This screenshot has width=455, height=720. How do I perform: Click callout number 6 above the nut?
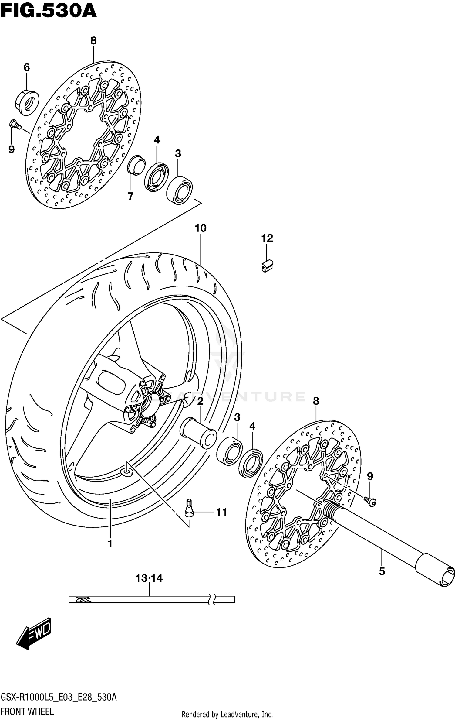pos(27,67)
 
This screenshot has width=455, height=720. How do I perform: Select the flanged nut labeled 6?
pos(27,102)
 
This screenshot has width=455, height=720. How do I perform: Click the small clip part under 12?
pos(267,266)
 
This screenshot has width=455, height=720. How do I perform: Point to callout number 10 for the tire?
pos(201,228)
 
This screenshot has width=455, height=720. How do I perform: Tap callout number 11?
pos(222,512)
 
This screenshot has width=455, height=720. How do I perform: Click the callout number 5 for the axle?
pos(382,571)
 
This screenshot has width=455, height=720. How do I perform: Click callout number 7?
pos(130,197)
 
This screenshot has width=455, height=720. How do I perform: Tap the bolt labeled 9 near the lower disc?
pos(371,502)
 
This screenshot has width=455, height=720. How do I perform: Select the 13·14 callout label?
pos(149,578)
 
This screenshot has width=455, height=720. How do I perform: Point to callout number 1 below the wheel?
pos(110,543)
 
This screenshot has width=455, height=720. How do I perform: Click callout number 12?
pos(267,238)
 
